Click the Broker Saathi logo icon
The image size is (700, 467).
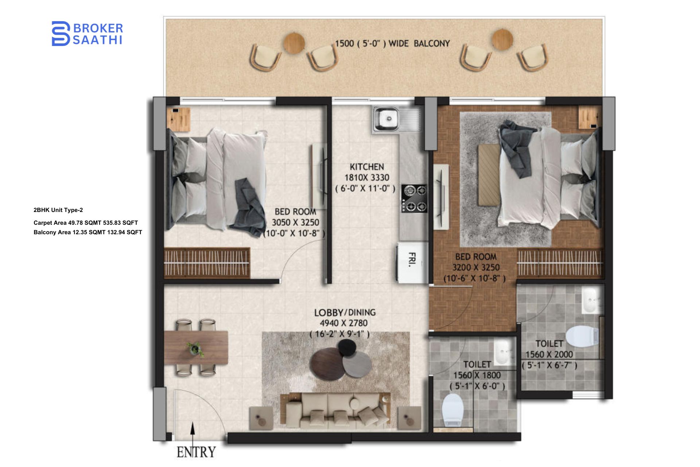61,34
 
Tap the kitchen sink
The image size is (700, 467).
387,119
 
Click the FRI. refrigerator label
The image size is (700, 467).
412,260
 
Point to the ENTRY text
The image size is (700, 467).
196,452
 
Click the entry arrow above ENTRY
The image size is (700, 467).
193,433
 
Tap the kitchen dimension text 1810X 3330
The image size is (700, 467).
367,178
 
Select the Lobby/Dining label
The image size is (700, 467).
345,313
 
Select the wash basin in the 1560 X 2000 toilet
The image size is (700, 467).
590,300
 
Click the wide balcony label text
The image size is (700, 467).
392,44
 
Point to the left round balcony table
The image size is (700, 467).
294,43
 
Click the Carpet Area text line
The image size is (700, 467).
86,223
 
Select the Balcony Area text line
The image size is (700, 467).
87,232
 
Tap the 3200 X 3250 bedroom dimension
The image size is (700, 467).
476,267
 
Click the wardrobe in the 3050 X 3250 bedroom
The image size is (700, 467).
207,263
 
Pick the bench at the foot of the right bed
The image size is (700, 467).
489,175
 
